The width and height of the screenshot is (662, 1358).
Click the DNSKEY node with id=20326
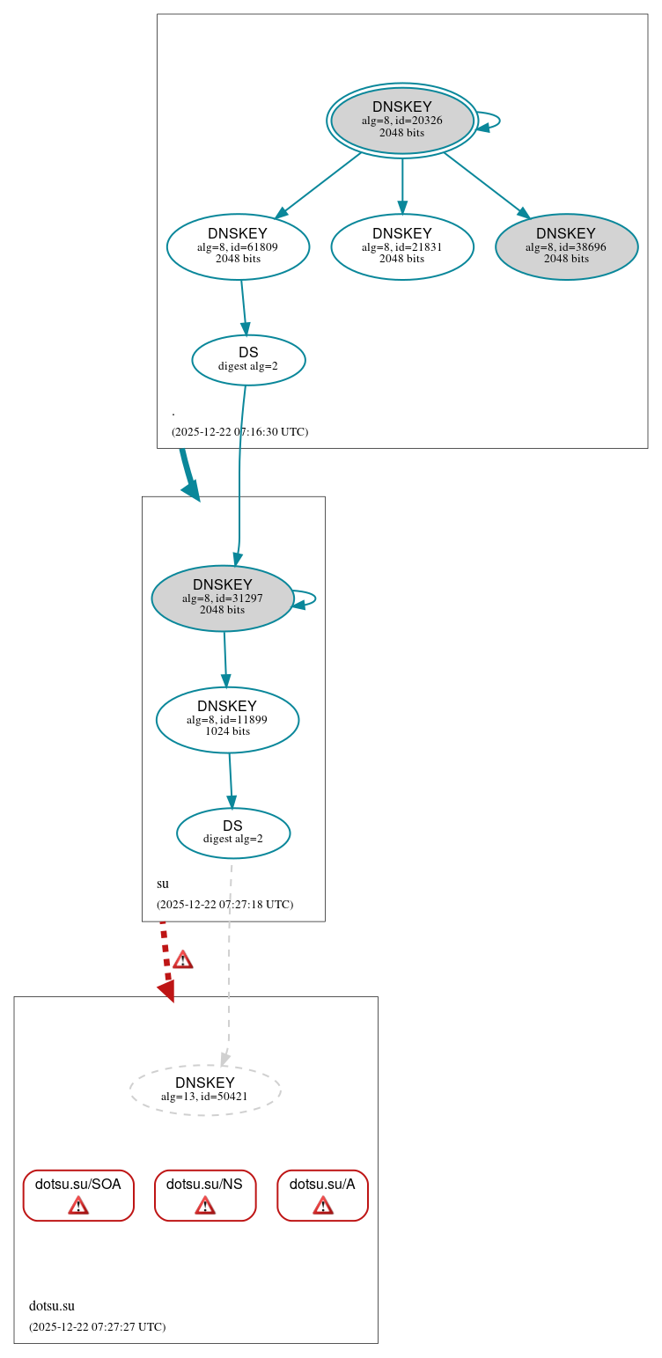tap(401, 121)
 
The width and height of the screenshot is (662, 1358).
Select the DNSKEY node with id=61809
tap(238, 246)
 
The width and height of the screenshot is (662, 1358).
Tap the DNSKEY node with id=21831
tap(401, 246)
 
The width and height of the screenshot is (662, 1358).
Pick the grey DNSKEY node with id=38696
tap(566, 246)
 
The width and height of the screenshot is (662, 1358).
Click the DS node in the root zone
tap(248, 359)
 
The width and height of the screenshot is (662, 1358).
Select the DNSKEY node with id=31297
tap(223, 598)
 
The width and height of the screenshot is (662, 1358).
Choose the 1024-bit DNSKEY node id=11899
tap(227, 719)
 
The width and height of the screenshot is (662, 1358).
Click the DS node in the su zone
tap(232, 833)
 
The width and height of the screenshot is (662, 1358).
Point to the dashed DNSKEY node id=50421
tap(205, 1090)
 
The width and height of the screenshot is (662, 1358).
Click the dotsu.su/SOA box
tap(78, 1194)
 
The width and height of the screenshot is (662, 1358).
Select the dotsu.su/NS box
tap(205, 1194)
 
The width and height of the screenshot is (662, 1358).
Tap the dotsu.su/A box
tap(322, 1194)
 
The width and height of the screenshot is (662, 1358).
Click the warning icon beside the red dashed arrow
tap(182, 959)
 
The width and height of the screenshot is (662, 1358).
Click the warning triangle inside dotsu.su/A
tap(322, 1205)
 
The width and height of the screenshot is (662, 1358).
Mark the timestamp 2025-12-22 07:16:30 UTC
tap(239, 432)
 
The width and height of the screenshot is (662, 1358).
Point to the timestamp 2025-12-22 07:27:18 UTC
tap(224, 905)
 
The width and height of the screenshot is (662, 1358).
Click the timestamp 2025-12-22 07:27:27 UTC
tap(97, 1327)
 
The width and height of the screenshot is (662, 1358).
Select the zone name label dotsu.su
tap(52, 1306)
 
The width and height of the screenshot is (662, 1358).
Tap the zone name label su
tap(163, 884)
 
